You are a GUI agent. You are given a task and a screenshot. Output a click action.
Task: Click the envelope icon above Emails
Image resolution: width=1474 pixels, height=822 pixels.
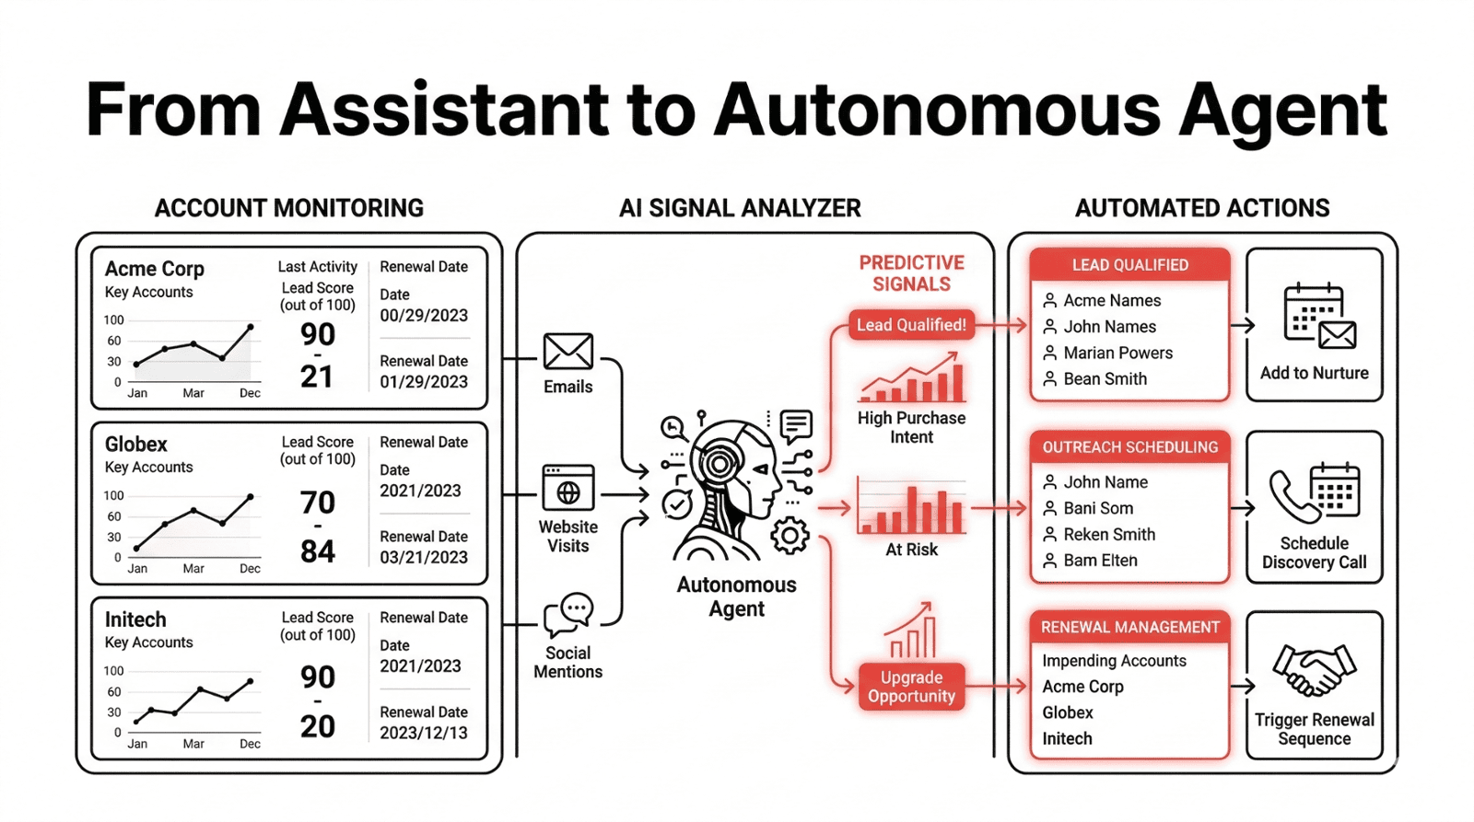pyautogui.click(x=567, y=352)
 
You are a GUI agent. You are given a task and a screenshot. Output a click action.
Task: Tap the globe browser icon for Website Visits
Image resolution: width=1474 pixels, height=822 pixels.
pyautogui.click(x=567, y=488)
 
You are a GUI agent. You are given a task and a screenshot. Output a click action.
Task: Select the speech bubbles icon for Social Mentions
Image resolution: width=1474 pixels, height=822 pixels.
pyautogui.click(x=569, y=614)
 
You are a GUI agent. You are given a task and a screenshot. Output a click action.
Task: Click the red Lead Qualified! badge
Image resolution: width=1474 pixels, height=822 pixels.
pyautogui.click(x=910, y=325)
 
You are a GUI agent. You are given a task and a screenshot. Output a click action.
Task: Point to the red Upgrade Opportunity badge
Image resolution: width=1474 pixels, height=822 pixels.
pyautogui.click(x=911, y=687)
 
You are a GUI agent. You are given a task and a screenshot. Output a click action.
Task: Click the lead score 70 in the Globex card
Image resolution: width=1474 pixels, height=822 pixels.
pyautogui.click(x=318, y=503)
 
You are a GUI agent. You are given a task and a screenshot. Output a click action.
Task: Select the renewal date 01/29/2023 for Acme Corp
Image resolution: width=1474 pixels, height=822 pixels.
pyautogui.click(x=424, y=382)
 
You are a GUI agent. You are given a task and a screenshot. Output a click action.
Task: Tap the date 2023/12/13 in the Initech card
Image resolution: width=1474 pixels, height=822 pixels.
pyautogui.click(x=424, y=733)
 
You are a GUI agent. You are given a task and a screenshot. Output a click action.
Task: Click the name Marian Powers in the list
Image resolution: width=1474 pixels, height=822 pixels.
pyautogui.click(x=1117, y=353)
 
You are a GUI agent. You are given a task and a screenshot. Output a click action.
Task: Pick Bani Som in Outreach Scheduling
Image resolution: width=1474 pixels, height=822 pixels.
pyautogui.click(x=1098, y=508)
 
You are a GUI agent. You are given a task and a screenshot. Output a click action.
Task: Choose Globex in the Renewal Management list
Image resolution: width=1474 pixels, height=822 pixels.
pyautogui.click(x=1068, y=712)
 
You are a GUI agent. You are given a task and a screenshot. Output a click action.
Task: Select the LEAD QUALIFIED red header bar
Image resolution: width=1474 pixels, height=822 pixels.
pyautogui.click(x=1129, y=265)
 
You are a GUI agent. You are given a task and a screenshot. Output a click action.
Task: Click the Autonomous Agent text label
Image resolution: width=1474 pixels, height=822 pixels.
pyautogui.click(x=736, y=596)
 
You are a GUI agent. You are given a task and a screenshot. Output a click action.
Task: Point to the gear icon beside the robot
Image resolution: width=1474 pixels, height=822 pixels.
pyautogui.click(x=790, y=536)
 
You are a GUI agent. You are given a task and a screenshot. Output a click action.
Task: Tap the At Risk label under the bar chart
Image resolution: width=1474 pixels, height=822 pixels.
pyautogui.click(x=911, y=550)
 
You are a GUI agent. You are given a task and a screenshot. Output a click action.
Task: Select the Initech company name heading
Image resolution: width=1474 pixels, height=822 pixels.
pyautogui.click(x=135, y=619)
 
